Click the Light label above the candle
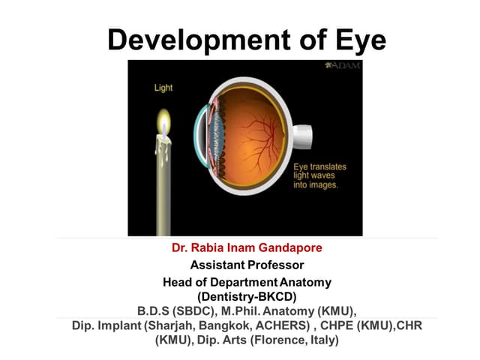coord(163,88)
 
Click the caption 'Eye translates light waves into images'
coord(315,174)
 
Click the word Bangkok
coord(215,325)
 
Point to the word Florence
coord(283,340)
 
